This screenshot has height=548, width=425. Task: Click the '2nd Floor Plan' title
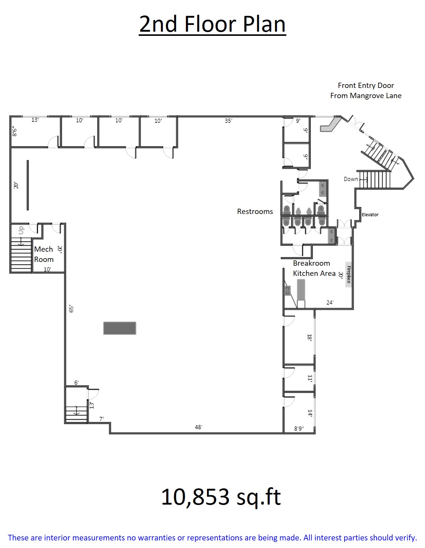coord(212,25)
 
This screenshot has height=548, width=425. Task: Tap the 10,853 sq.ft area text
coord(221,497)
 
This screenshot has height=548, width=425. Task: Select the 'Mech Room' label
coord(44,254)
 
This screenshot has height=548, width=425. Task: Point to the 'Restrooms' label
coord(255,211)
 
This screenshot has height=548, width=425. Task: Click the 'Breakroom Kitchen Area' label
coord(314,268)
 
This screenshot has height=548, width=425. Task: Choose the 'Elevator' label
coord(370,215)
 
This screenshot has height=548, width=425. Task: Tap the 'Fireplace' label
coord(349,274)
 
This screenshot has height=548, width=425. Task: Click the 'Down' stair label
coord(351,179)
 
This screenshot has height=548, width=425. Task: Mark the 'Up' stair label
coord(21,230)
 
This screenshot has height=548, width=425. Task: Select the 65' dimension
coord(71,309)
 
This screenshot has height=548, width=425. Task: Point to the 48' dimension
coord(199,427)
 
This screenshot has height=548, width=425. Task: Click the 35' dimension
coord(229,121)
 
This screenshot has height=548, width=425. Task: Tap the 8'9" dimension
coord(299,428)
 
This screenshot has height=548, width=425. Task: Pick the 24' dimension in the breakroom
coord(330,302)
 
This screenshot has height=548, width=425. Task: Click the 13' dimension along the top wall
coord(35,120)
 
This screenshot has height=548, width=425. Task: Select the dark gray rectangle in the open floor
coord(120,328)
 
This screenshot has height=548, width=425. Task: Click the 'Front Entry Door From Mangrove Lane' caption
coord(366,91)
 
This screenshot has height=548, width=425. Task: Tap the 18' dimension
coord(310,337)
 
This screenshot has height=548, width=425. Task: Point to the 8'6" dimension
coord(15,131)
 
